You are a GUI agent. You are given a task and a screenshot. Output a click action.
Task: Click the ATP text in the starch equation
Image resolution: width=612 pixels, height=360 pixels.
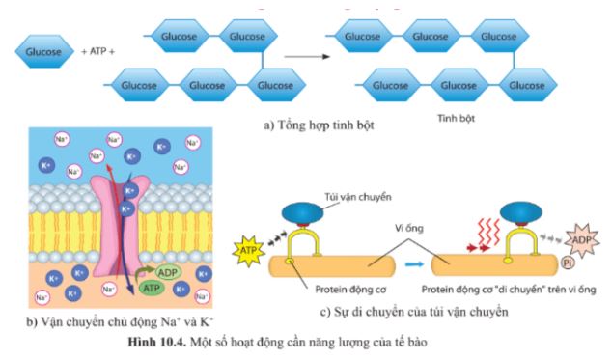98,48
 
